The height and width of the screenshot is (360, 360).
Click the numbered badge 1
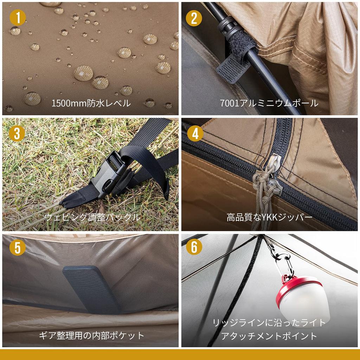click(18, 18)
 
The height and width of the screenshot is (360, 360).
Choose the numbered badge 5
click(18, 247)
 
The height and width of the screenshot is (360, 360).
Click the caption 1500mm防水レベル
click(91, 103)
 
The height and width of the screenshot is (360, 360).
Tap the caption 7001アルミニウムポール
click(269, 103)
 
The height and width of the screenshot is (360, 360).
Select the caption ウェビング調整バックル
click(92, 217)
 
